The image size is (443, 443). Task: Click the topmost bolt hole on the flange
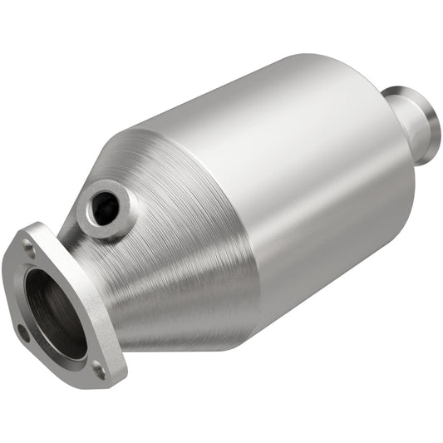[30, 244]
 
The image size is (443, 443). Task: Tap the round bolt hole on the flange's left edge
[22, 333]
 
